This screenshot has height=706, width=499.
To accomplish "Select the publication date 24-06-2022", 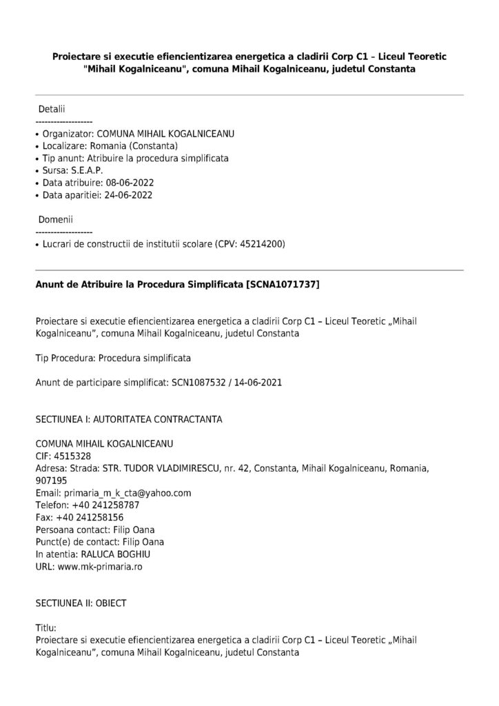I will (128, 195).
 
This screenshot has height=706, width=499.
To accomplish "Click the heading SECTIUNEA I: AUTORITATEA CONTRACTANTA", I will (128, 418).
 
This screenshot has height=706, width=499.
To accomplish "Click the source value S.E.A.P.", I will (85, 170).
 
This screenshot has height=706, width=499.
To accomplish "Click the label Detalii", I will (52, 109).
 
